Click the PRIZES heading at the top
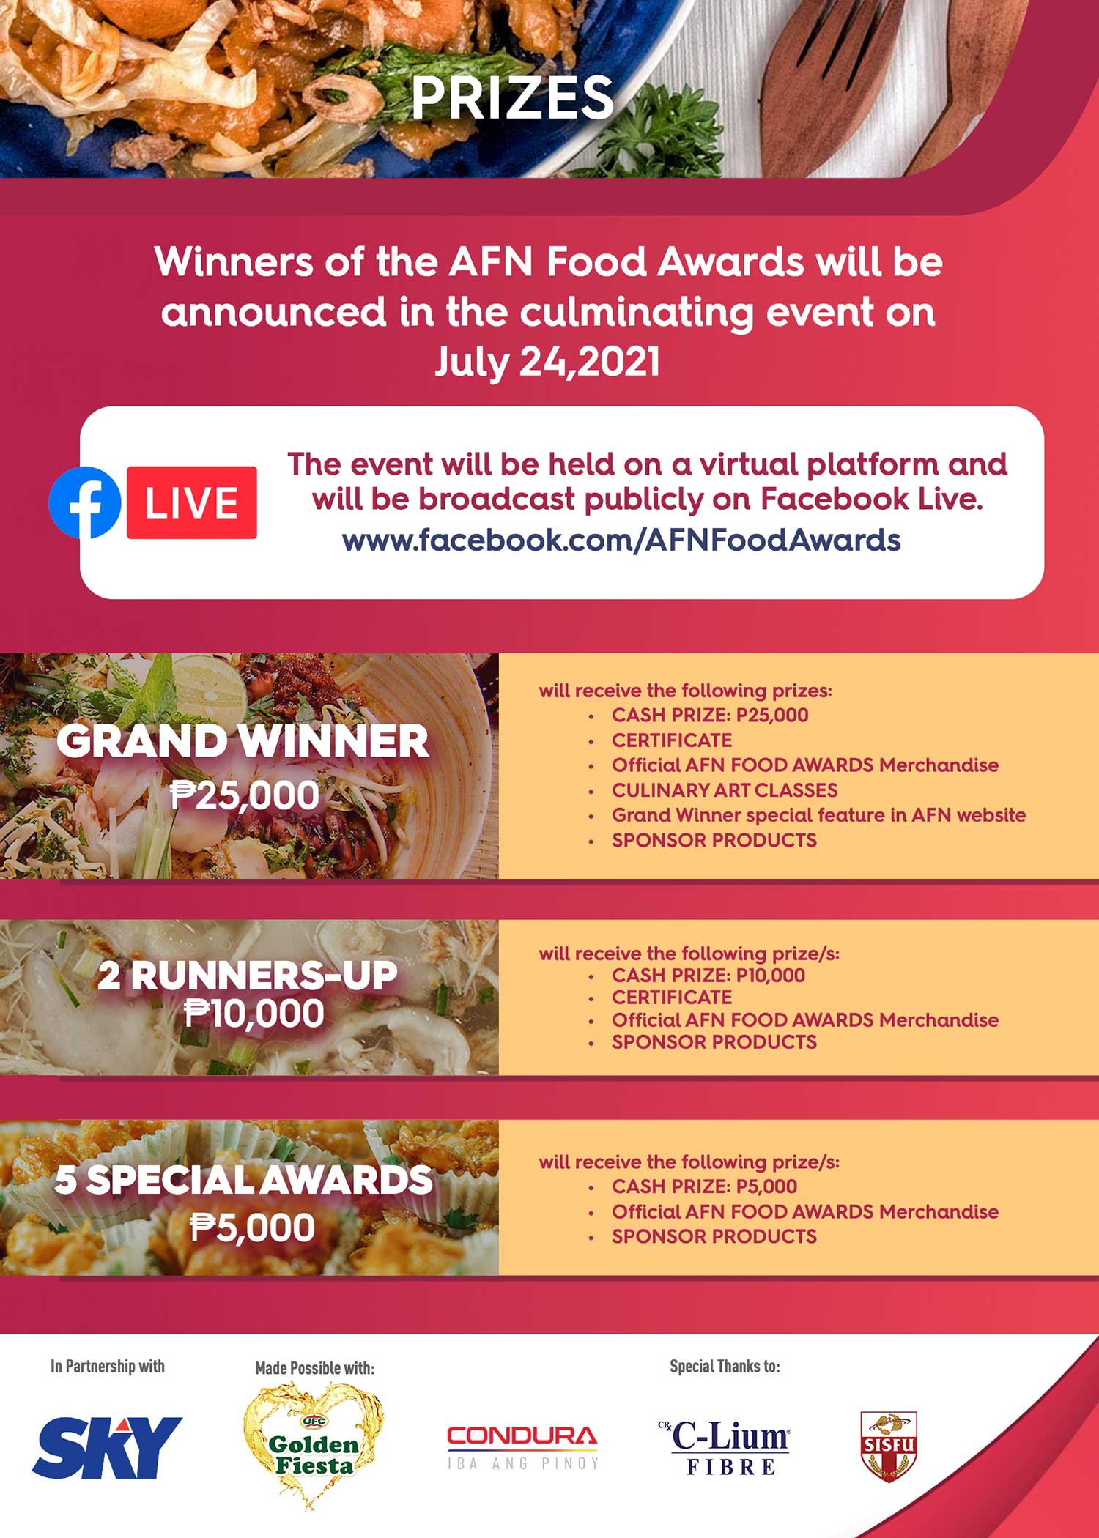[x=512, y=97]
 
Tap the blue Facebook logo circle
[x=85, y=502]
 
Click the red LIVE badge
[x=192, y=502]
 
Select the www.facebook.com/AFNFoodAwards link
[x=621, y=540]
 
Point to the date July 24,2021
[x=547, y=361]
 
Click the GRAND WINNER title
[x=243, y=741]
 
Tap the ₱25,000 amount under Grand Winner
[x=245, y=795]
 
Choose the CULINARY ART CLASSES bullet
[x=725, y=790]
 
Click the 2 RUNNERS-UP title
[x=248, y=976]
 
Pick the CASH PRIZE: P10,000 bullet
[x=708, y=976]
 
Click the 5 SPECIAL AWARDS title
[x=244, y=1180]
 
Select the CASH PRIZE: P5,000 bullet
[x=704, y=1186]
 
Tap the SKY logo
[x=107, y=1447]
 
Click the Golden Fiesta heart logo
[x=313, y=1446]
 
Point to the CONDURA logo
[x=522, y=1447]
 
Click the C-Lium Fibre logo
[x=725, y=1447]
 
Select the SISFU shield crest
[x=889, y=1447]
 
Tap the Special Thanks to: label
[x=725, y=1366]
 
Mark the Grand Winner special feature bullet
[x=818, y=815]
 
